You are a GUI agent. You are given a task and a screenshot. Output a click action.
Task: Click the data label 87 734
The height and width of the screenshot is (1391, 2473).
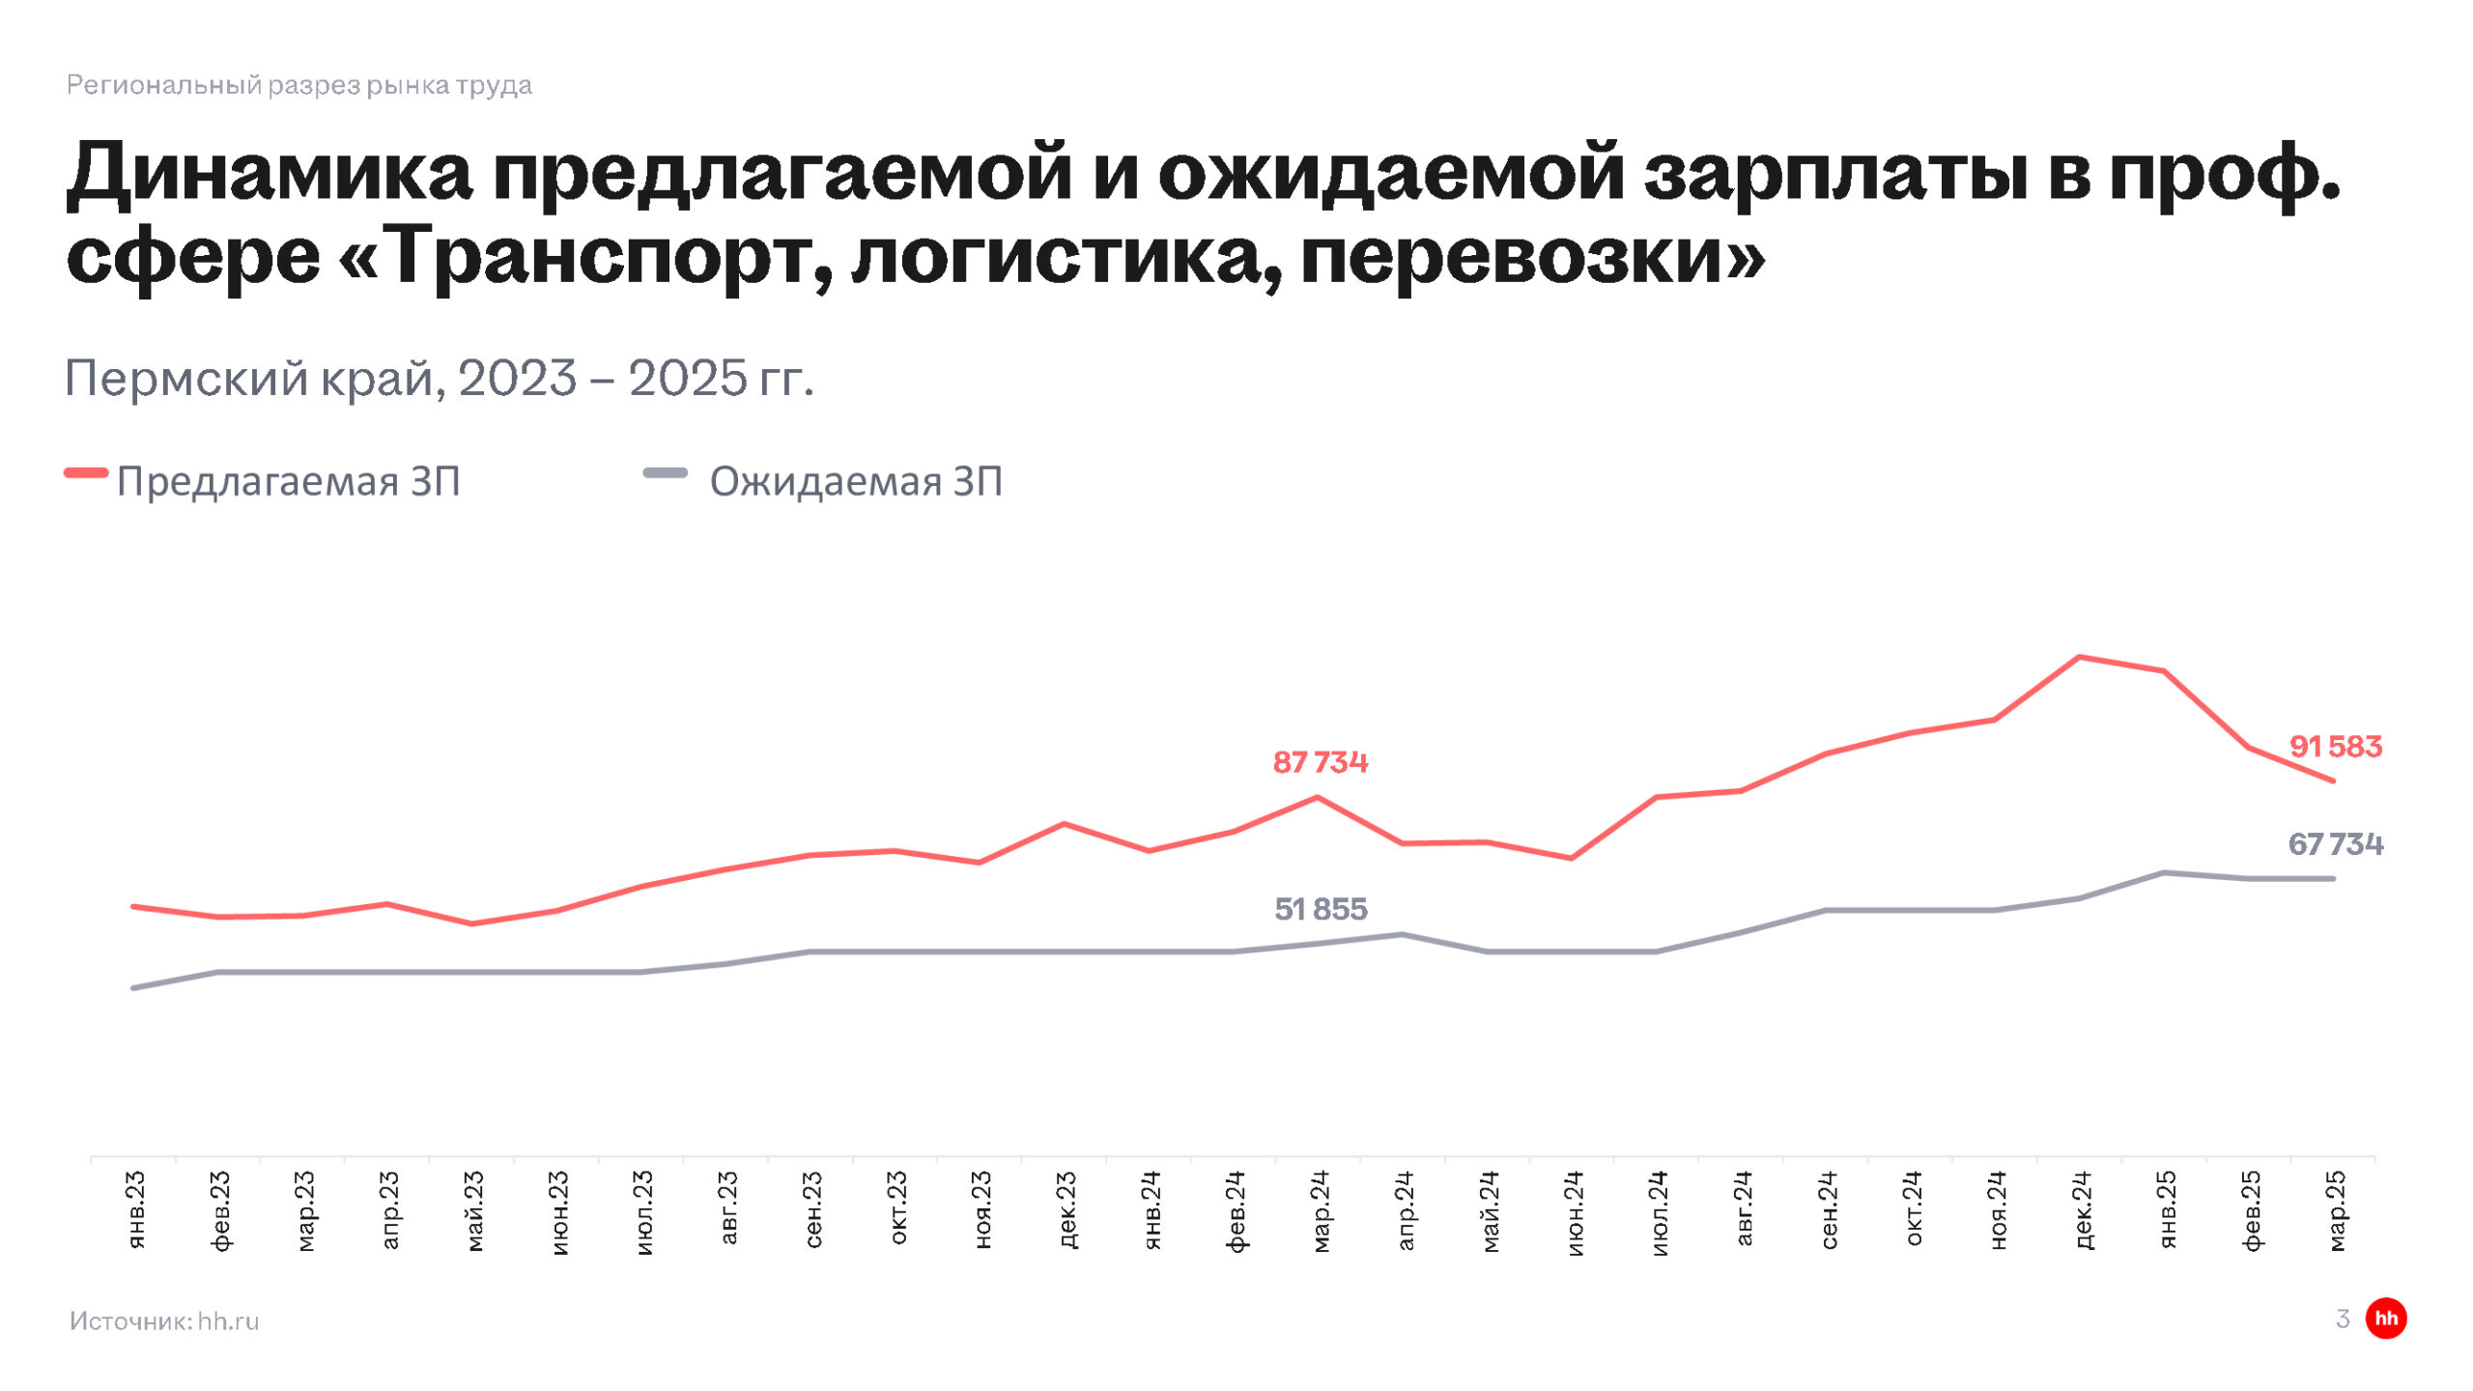coord(1320,762)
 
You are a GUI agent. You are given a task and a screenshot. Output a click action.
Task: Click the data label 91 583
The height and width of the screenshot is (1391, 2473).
coord(2335,747)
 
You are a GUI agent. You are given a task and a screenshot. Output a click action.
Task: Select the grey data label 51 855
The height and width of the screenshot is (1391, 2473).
coord(1321,909)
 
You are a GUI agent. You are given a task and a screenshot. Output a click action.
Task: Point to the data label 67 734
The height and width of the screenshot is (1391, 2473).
coord(2335,844)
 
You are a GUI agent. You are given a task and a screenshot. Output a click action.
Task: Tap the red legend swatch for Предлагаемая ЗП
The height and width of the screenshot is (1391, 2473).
coord(86,473)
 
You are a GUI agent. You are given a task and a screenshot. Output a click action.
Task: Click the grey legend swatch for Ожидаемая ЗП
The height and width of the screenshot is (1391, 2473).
coord(666,473)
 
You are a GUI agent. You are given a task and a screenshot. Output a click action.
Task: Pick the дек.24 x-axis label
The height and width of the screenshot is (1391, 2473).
coord(2084,1209)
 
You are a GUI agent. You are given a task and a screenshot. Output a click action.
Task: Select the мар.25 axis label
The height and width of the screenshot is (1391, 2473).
coord(2337,1210)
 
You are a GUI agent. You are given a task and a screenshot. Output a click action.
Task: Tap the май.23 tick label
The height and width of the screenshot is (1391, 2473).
coord(474,1210)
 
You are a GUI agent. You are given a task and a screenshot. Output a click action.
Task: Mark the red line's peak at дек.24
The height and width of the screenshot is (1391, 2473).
coord(2079,657)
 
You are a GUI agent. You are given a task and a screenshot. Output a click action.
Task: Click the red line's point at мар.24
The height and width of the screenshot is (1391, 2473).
coord(1318,797)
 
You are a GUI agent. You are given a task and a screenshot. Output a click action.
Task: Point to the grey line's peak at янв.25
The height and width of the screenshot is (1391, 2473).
coord(2164,872)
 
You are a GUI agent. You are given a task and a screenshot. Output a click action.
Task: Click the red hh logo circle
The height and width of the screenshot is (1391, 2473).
coord(2386,1319)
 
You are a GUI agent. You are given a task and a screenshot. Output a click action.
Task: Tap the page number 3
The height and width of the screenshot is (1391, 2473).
coord(2343,1319)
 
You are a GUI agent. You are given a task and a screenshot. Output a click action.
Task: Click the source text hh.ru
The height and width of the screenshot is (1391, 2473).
coord(228,1320)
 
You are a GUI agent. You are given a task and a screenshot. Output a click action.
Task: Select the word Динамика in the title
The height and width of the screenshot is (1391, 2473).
coord(270,174)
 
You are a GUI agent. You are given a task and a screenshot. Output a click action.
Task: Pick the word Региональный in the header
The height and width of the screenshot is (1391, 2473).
coord(164,85)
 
